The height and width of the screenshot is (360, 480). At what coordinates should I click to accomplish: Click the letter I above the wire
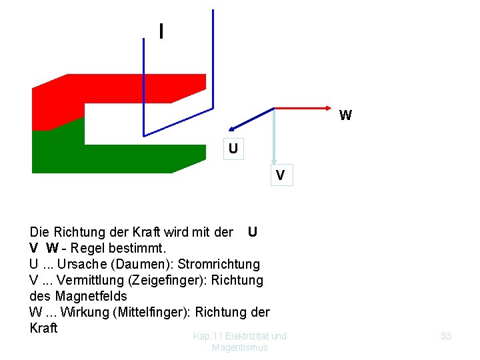pyautogui.click(x=161, y=31)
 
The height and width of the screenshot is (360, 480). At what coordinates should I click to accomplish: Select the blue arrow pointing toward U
pyautogui.click(x=250, y=119)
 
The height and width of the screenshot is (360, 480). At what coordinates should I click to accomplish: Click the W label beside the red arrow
pyautogui.click(x=345, y=116)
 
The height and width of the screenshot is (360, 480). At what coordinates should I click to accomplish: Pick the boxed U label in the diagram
pyautogui.click(x=233, y=148)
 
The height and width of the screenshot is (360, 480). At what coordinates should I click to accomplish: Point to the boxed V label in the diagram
pyautogui.click(x=281, y=176)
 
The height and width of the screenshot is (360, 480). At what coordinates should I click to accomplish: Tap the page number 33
pyautogui.click(x=446, y=336)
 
